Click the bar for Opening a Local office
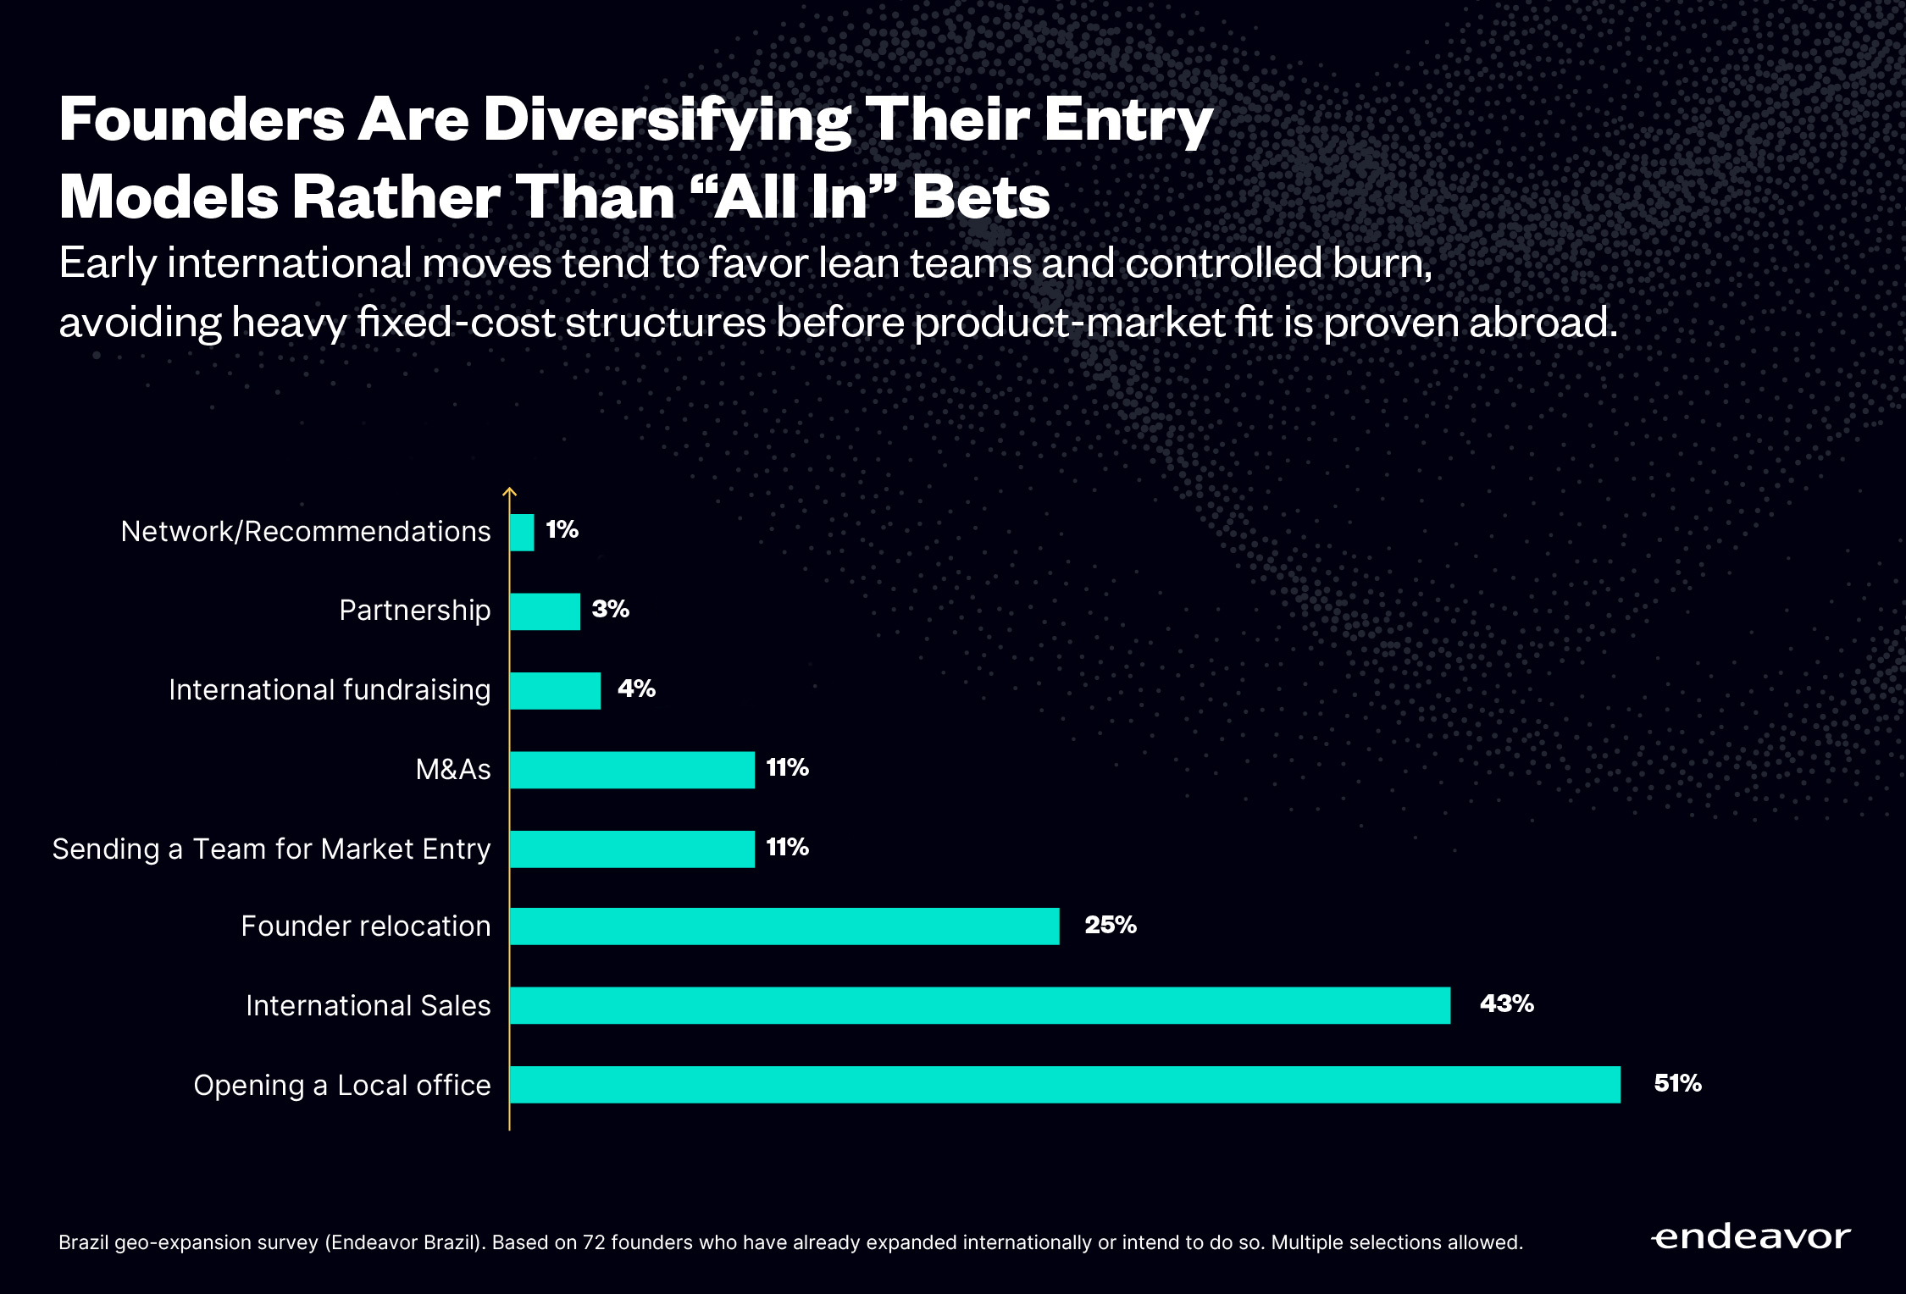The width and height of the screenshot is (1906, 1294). tap(1064, 1085)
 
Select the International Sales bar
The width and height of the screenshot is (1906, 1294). tap(979, 1005)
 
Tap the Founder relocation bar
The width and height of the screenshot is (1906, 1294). tap(784, 926)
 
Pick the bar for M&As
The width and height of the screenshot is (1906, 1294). tap(632, 770)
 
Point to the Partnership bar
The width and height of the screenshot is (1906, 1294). tap(545, 611)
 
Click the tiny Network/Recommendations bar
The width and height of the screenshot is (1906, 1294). tap(522, 533)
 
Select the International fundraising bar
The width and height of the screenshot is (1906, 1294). tap(555, 691)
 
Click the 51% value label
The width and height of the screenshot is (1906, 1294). tap(1677, 1083)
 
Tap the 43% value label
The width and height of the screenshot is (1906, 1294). tap(1506, 1004)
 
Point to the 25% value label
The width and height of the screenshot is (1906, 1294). tap(1110, 925)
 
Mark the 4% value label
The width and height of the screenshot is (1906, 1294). tap(636, 688)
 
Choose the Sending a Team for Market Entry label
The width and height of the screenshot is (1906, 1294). tap(271, 849)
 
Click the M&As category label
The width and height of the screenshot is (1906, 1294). tap(452, 770)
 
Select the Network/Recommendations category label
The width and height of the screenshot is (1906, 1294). tap(305, 532)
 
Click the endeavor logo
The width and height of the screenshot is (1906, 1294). tap(1750, 1238)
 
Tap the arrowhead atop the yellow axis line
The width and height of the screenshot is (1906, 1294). tap(509, 490)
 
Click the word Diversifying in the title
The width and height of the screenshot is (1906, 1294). tap(667, 120)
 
